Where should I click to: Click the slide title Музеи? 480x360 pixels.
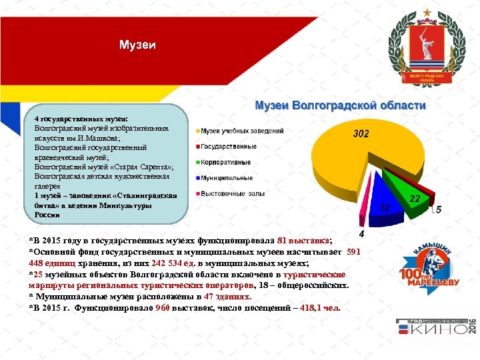pyautogui.click(x=138, y=45)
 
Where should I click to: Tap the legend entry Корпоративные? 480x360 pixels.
pyautogui.click(x=226, y=162)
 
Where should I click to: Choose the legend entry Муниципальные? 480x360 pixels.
pyautogui.click(x=227, y=178)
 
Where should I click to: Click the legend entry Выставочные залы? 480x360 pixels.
pyautogui.click(x=233, y=194)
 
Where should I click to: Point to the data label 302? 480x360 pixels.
pyautogui.click(x=361, y=134)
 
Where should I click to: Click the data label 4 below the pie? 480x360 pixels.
pyautogui.click(x=361, y=235)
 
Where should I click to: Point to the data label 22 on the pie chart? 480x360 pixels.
pyautogui.click(x=415, y=199)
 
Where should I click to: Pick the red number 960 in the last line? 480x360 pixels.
pyautogui.click(x=162, y=308)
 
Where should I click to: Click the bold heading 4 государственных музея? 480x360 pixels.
pyautogui.click(x=81, y=118)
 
